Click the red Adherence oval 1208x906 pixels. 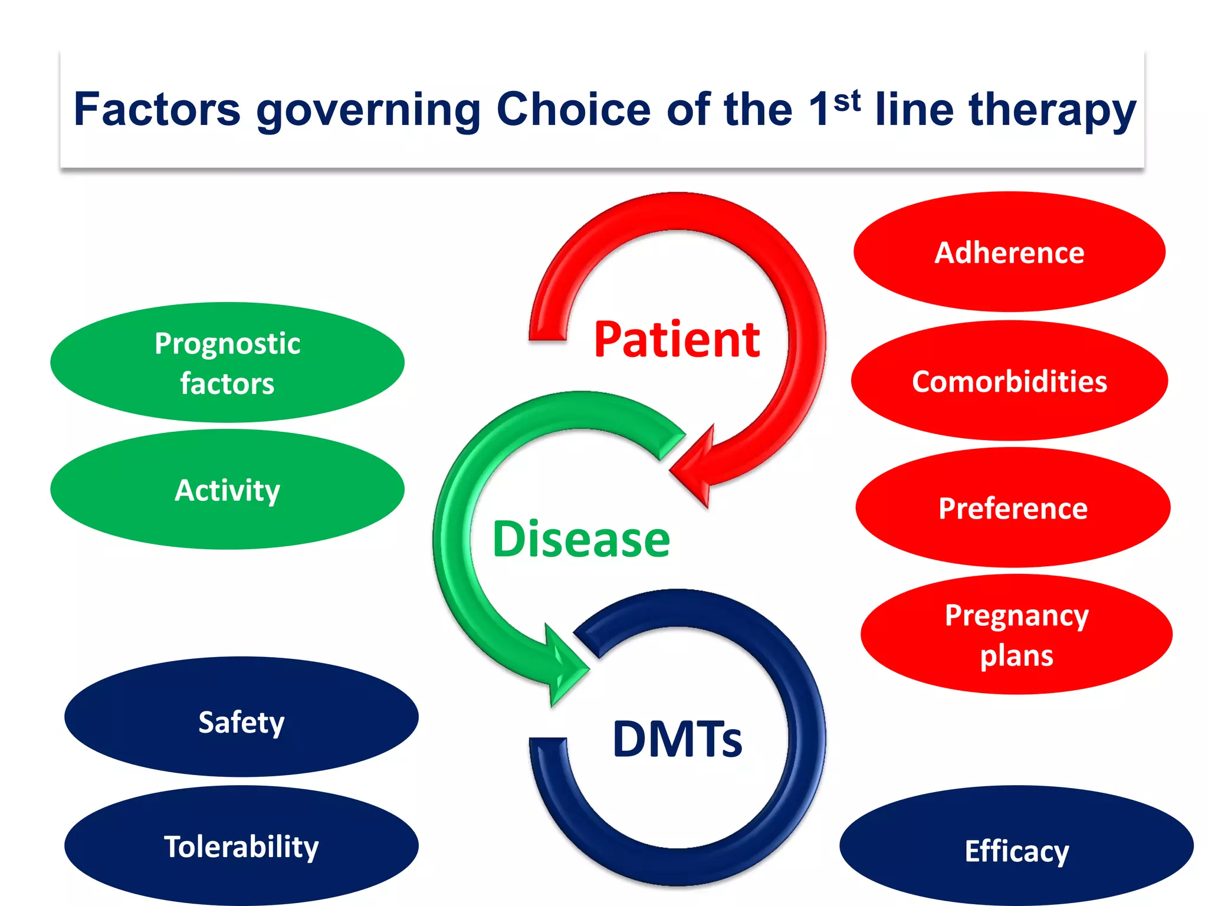coord(1009,252)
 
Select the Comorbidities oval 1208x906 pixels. coord(1009,381)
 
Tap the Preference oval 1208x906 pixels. coord(1012,508)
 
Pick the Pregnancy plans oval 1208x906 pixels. coord(1016,635)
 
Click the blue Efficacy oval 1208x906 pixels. coord(1016,850)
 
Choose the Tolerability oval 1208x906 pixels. coord(241,846)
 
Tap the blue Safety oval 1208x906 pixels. coord(241,721)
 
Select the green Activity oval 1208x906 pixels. coord(227,490)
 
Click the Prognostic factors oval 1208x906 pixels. coord(227,362)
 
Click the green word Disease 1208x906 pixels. coord(581,539)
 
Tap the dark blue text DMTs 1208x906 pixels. coord(677,738)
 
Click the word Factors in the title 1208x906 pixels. coord(157,110)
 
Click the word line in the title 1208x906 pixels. coord(914,110)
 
